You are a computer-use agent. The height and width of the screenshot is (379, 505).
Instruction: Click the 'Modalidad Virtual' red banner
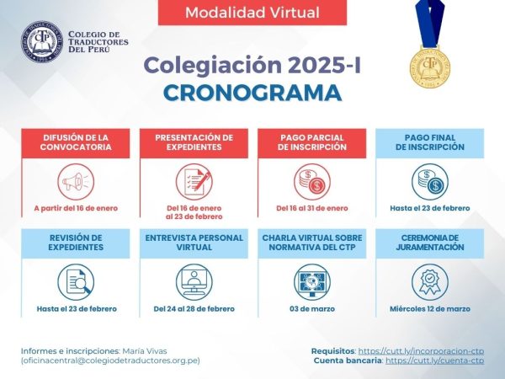point(252,13)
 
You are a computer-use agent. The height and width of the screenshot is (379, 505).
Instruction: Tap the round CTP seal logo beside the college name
point(42,41)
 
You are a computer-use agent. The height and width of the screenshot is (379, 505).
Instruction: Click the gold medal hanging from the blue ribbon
point(429,67)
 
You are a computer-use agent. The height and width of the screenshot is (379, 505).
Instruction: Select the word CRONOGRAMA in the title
point(252,93)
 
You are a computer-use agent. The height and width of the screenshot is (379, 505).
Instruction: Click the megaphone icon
point(76,182)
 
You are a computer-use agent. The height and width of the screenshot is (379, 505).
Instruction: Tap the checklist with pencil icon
point(194,182)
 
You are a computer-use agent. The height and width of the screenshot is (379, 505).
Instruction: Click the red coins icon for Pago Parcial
point(312,182)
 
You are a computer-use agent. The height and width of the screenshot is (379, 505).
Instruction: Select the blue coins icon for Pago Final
point(430,182)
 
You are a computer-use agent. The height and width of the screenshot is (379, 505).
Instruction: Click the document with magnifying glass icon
point(76,282)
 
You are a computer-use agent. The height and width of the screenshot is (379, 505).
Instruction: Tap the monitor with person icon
point(194,282)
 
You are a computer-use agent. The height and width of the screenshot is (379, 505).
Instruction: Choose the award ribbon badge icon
point(430,282)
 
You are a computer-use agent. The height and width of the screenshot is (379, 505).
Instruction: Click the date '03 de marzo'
point(312,309)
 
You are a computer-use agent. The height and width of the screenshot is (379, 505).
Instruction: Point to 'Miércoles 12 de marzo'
point(430,309)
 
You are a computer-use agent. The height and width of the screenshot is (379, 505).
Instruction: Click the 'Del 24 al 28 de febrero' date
point(194,309)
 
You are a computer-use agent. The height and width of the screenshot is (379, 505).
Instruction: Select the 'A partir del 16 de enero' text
point(76,208)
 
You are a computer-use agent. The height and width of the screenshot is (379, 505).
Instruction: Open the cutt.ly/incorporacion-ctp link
point(421,351)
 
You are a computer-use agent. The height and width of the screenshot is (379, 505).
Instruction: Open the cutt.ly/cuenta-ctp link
point(435,360)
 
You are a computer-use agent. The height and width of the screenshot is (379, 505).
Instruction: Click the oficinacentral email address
point(110,360)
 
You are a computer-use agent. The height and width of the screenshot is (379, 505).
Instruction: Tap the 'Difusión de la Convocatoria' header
point(76,142)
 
